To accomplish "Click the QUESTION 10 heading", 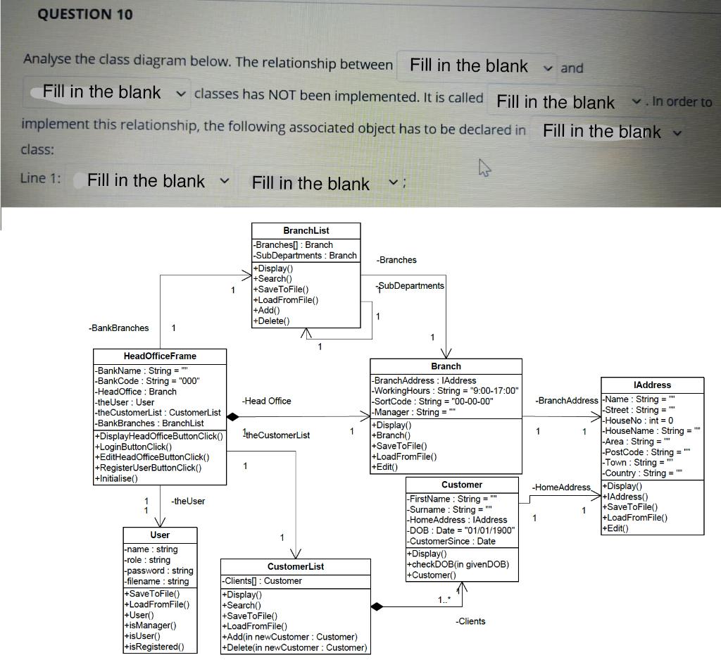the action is click(84, 14).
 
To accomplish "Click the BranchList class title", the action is click(306, 231).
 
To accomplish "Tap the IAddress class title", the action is click(652, 385).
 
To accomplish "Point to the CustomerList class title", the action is click(296, 566).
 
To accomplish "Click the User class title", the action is click(160, 535).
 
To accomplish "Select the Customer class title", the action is click(461, 485).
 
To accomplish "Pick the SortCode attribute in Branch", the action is click(432, 401).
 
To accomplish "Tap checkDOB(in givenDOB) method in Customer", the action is click(457, 564).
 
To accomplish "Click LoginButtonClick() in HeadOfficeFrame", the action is click(135, 447).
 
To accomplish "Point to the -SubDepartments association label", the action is click(411, 285).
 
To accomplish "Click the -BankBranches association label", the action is click(119, 328).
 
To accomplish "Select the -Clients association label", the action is click(470, 621).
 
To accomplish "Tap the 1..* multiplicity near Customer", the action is click(444, 599).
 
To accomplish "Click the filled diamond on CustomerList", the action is click(377, 606).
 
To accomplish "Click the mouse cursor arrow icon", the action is click(483, 168).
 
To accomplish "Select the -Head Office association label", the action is click(266, 401).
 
